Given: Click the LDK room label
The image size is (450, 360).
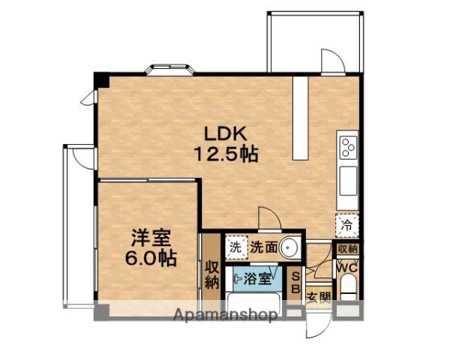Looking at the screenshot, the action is click(225, 133).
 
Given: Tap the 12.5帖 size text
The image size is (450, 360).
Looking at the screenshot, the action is click(226, 154).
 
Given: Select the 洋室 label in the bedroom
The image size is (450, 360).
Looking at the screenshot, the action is click(151, 238).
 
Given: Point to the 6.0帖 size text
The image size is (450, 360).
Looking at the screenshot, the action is click(151, 258).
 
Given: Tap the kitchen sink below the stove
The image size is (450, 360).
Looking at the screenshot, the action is click(349, 181).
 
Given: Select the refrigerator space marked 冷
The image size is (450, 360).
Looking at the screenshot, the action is click(347, 225).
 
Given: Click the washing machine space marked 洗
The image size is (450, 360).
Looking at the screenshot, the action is click(236, 247).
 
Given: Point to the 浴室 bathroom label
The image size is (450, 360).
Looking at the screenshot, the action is click(257, 278).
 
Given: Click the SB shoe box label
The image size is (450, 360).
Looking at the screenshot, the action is click(295, 283).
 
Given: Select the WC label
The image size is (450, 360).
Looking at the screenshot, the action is click(347, 268).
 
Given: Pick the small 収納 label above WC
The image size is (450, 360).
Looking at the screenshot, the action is click(347, 248).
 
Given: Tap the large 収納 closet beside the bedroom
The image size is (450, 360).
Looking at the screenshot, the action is click(211, 275).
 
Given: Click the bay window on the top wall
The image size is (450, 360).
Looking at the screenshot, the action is click(170, 70).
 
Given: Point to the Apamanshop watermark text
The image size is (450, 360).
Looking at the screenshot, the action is click(226, 315).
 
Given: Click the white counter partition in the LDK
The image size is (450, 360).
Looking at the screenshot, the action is click(301, 118).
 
